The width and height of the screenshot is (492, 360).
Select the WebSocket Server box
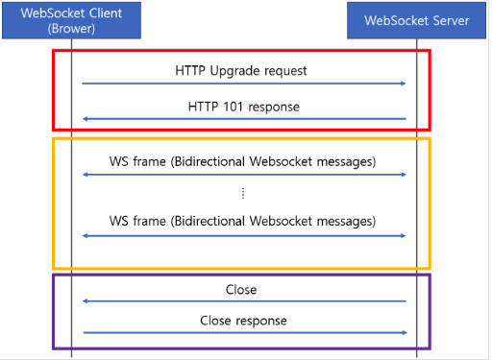pos(415,19)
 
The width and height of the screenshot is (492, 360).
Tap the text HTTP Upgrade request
pos(243,70)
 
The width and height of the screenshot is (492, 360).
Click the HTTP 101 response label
pos(243,106)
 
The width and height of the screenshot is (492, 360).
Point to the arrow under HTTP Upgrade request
pos(243,84)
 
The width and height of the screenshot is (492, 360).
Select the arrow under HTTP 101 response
pos(243,120)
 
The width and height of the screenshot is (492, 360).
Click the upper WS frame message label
pos(243,162)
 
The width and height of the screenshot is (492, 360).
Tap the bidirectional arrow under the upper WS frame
pos(243,176)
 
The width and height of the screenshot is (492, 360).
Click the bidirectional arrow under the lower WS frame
pos(243,234)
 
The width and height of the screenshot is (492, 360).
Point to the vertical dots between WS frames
pos(243,192)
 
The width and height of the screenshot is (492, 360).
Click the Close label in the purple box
pos(243,288)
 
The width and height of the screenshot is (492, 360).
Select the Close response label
pos(243,320)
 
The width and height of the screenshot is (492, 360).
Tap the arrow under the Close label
pos(243,300)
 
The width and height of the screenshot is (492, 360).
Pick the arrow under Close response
pos(243,333)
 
